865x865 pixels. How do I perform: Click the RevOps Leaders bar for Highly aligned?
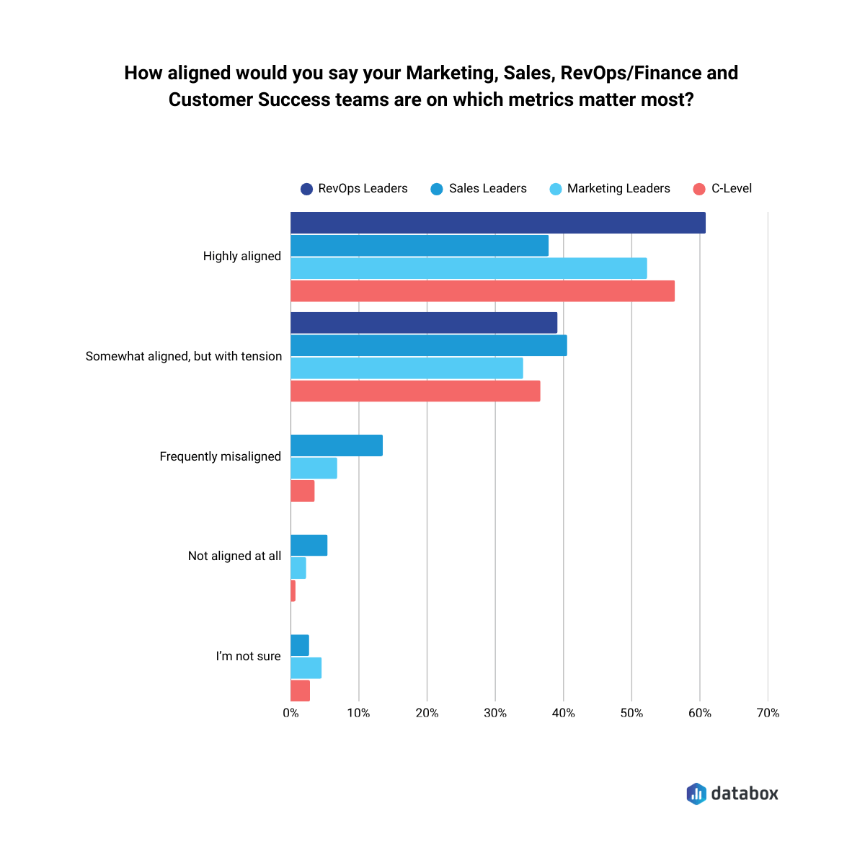[x=497, y=223]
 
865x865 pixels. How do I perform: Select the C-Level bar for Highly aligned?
[x=482, y=291]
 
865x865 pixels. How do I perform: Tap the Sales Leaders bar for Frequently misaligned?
[x=337, y=445]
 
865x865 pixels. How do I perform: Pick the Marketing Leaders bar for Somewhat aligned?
[x=407, y=368]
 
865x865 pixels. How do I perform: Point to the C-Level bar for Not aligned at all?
[x=293, y=591]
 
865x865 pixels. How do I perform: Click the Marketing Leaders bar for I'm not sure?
[x=306, y=668]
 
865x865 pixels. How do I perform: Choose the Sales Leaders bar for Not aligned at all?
[x=309, y=546]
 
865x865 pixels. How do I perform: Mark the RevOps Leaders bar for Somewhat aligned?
[x=424, y=323]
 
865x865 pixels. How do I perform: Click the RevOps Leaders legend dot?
[x=307, y=189]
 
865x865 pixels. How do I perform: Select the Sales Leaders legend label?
[x=487, y=189]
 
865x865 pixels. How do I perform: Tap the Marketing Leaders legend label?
[x=618, y=189]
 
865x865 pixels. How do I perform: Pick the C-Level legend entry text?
[x=731, y=189]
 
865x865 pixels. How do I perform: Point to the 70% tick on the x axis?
[x=768, y=713]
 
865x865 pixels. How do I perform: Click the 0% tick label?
[x=290, y=713]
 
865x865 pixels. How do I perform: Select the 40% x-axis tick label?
[x=563, y=713]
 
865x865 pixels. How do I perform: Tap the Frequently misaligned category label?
[x=221, y=456]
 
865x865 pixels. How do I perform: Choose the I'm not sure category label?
[x=248, y=656]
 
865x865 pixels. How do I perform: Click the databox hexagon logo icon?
[x=696, y=794]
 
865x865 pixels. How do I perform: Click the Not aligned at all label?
[x=234, y=556]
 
